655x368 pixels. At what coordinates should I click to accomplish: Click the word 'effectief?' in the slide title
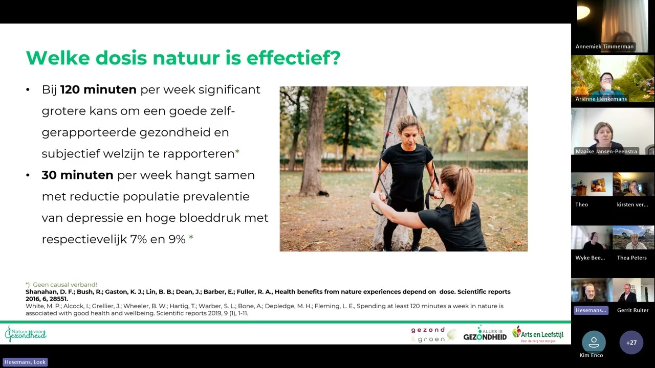(293, 58)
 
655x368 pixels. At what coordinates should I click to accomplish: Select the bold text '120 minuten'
(98, 90)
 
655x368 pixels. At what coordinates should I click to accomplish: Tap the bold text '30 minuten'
(77, 175)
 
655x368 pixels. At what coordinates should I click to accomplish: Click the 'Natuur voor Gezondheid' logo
(26, 334)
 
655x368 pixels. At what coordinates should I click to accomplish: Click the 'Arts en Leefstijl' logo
(538, 334)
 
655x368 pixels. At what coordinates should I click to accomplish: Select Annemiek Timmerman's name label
(604, 47)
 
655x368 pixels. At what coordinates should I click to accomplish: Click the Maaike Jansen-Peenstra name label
(606, 151)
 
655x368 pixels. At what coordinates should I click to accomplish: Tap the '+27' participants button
(631, 342)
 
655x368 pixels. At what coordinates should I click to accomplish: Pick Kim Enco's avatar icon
(594, 341)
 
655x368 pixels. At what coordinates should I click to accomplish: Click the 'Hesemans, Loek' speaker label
(25, 362)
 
